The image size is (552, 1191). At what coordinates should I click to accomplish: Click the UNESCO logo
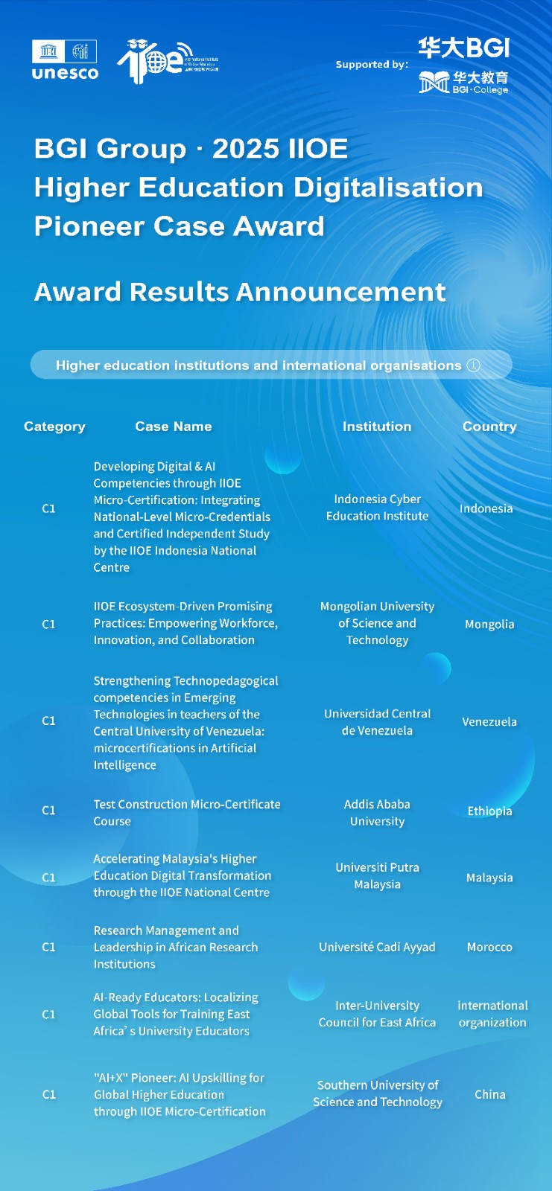pos(65,60)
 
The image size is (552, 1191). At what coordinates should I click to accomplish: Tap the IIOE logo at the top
pos(166,60)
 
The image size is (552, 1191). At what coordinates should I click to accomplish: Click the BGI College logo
pos(463,83)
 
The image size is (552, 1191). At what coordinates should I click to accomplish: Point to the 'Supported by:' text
pos(372,65)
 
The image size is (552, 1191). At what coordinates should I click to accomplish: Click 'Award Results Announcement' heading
pos(240,292)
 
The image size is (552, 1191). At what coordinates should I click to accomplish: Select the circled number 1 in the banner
pos(473,365)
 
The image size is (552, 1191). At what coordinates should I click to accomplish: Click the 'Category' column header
pos(54,427)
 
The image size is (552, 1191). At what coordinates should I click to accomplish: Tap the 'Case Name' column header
pos(174,427)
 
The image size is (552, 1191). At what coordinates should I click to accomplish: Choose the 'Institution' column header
pos(377,427)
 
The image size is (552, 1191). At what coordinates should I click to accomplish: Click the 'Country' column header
pos(489,427)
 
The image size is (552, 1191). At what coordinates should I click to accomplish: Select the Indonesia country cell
pos(486,508)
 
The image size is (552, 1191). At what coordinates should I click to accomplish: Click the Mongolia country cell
pos(489,624)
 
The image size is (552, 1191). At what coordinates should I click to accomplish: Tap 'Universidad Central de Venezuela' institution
pos(377,722)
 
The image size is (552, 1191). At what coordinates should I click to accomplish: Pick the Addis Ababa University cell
pos(377,813)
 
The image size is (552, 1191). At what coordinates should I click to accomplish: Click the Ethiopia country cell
pos(489,811)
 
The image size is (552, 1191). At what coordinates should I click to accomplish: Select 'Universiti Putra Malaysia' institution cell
pos(377,876)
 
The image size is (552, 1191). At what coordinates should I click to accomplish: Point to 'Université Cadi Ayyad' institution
pos(377,947)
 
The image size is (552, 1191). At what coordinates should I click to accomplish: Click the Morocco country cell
pos(489,947)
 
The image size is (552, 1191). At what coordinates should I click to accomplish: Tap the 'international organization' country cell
pos(492,1014)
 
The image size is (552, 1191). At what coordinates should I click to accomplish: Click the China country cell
pos(489,1094)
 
